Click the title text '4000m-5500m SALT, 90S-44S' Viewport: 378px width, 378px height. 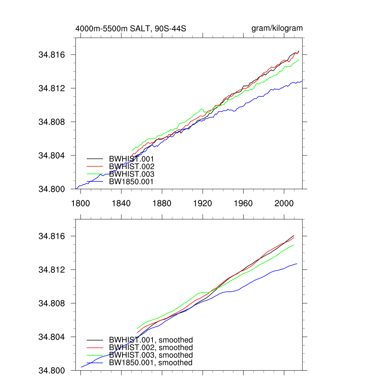click(x=131, y=28)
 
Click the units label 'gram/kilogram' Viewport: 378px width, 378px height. click(x=277, y=28)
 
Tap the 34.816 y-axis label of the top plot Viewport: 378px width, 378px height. click(x=52, y=55)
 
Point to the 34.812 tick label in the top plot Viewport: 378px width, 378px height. click(x=52, y=88)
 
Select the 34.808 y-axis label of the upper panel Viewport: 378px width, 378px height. click(x=52, y=122)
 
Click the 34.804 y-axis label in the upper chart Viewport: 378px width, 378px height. click(x=52, y=155)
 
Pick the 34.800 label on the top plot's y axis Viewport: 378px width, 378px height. click(x=52, y=189)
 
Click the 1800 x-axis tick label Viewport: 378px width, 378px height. click(x=80, y=203)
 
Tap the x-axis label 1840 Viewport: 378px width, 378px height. click(x=121, y=203)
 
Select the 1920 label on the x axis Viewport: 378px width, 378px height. click(x=203, y=203)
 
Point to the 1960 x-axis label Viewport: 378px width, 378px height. click(x=243, y=203)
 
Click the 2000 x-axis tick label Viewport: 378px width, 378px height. click(x=284, y=203)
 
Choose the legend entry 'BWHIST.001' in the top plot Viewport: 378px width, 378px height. click(x=131, y=159)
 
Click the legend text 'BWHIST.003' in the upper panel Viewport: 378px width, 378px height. click(x=131, y=174)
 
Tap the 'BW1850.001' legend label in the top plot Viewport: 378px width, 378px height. click(x=131, y=182)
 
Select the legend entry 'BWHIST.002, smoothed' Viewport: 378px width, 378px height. click(x=151, y=348)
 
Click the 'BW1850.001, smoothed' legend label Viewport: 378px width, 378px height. click(x=151, y=363)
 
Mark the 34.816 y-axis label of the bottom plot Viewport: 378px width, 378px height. click(x=52, y=236)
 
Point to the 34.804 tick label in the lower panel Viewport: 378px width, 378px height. click(x=52, y=337)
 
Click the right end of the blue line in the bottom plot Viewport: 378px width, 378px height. click(x=297, y=264)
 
